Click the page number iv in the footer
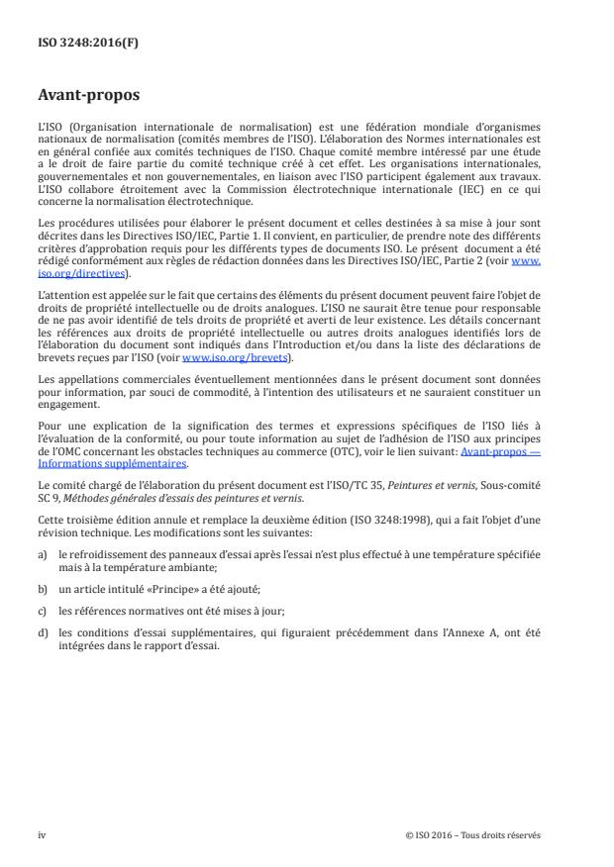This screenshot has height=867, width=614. click(42, 834)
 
